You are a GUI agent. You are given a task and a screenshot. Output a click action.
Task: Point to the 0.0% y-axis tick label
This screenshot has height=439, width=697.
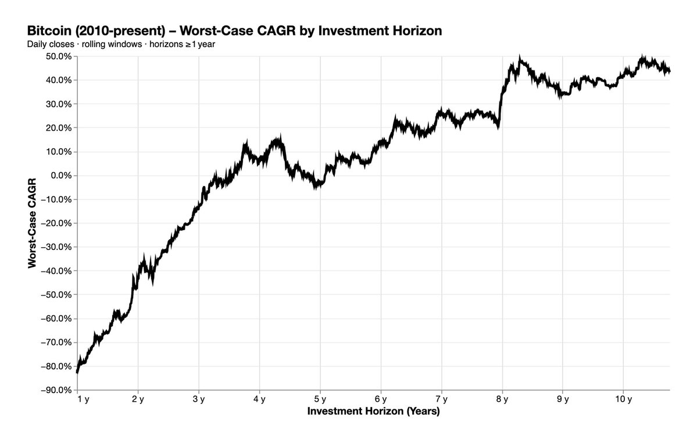click(x=59, y=176)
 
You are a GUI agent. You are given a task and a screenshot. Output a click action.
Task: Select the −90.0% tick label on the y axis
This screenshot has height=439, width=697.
click(x=55, y=390)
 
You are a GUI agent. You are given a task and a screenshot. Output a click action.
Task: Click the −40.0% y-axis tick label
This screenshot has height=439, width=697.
click(x=55, y=271)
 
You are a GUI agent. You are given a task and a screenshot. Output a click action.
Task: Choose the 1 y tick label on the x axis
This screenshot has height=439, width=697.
click(x=83, y=399)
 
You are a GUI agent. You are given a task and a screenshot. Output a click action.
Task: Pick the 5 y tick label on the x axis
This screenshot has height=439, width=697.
click(x=320, y=399)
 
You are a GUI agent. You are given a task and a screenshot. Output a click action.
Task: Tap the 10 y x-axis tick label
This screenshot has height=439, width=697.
click(x=623, y=399)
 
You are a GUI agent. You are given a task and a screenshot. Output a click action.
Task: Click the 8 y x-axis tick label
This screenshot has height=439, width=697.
click(x=502, y=399)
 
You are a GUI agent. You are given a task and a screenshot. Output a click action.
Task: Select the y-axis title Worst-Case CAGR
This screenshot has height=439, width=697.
click(x=32, y=223)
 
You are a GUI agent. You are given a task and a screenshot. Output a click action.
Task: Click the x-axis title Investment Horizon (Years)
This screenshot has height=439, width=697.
click(x=373, y=412)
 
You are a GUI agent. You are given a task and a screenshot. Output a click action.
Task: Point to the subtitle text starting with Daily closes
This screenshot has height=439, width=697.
click(x=121, y=44)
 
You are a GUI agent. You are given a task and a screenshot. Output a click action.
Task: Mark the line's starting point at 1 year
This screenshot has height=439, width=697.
click(x=77, y=372)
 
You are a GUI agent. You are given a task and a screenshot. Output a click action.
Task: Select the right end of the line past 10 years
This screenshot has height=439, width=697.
click(x=669, y=72)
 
